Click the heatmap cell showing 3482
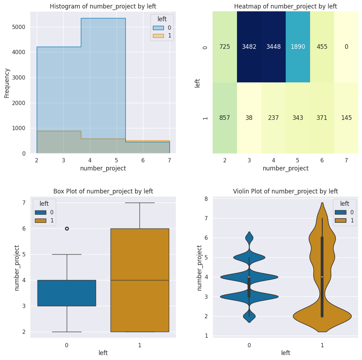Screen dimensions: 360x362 249,47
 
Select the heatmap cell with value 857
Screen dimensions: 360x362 225,118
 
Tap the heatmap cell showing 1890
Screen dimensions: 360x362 298,47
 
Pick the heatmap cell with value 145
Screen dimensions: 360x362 346,118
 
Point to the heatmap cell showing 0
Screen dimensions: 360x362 346,47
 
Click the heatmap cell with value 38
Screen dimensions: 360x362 249,118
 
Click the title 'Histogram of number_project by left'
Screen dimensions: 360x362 103,6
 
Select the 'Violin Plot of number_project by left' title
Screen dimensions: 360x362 285,191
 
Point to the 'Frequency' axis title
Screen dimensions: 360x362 7,83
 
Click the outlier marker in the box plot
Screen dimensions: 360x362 67,228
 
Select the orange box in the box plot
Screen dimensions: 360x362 140,280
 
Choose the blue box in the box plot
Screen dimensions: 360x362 67,293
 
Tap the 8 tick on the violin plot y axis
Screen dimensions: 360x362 206,199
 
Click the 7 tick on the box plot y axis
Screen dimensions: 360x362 24,203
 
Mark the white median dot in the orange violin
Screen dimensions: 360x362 322,277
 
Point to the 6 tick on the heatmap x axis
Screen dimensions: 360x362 322,160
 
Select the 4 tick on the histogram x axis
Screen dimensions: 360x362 90,160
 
